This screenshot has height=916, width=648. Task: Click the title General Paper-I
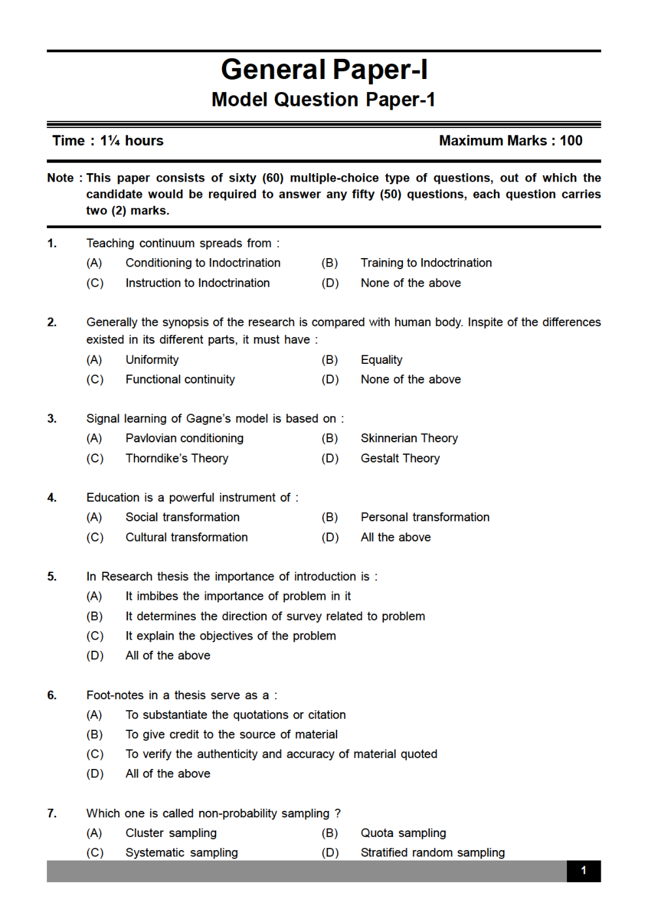tap(324, 69)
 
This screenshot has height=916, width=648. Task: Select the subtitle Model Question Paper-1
tap(323, 99)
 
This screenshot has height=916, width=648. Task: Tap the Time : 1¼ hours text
tap(108, 140)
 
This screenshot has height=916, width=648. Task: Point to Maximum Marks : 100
tap(510, 140)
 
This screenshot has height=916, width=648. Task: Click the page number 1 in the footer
tap(583, 870)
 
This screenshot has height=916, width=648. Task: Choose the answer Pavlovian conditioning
tap(184, 438)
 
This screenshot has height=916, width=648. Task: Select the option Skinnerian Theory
tap(409, 438)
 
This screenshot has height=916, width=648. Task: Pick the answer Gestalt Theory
tap(400, 458)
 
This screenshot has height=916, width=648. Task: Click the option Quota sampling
tap(403, 832)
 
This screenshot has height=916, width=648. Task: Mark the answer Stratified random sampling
tap(432, 852)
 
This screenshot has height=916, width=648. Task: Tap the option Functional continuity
tap(180, 379)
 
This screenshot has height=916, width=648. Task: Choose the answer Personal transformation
tap(425, 517)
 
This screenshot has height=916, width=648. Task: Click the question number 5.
tap(52, 576)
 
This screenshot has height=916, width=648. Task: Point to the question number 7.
tap(52, 813)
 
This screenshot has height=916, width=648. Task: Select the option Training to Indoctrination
tap(426, 263)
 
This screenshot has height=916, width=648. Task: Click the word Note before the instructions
tap(60, 178)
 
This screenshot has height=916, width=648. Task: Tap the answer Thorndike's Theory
tap(176, 458)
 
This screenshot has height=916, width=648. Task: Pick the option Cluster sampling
tap(170, 832)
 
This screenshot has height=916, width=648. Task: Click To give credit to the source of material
tap(231, 734)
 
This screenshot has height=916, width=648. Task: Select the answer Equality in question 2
tap(381, 359)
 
